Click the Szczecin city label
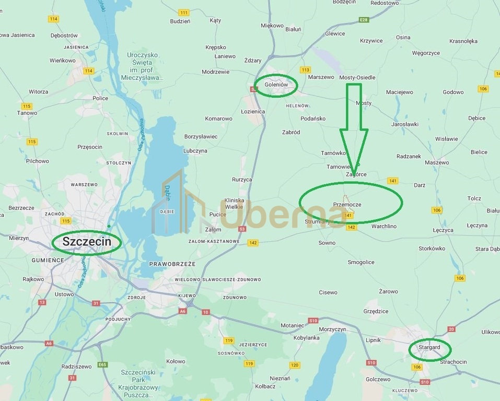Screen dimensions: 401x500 coord(86,242)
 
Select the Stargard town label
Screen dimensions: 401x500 coord(429,347)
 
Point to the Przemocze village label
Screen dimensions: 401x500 coord(347,205)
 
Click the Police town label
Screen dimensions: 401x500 coord(100,98)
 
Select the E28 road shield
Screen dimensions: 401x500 coord(364,20)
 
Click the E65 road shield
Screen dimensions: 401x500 coord(102,364)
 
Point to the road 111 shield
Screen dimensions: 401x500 coord(183,12)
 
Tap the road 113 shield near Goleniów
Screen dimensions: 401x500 coord(306,70)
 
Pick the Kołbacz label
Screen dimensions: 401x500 coord(266,386)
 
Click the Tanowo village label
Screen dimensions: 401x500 coord(27,113)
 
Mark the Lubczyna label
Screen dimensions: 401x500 coord(195,150)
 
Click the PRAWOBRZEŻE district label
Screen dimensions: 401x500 coord(172,264)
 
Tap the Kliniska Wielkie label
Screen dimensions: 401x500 coord(234,204)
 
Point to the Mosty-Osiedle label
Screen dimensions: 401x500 coord(357,77)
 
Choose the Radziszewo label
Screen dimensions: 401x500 coord(77,367)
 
